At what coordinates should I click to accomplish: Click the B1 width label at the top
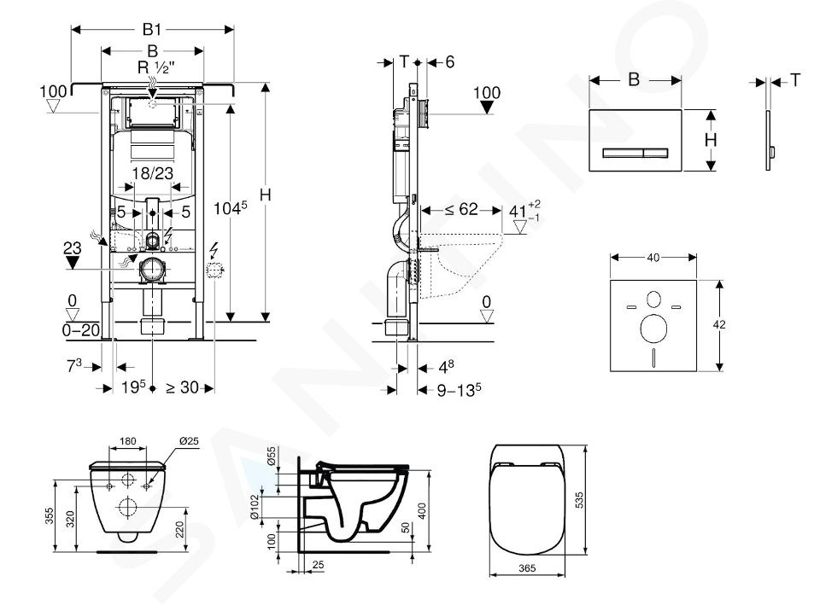(152, 29)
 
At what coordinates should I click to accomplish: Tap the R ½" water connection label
(153, 67)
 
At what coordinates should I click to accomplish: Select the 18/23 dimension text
(153, 173)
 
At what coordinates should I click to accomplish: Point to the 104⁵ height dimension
(230, 208)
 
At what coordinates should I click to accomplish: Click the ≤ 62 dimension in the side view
(461, 210)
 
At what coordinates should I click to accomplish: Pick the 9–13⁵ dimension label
(460, 390)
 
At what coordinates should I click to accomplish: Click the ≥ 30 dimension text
(183, 387)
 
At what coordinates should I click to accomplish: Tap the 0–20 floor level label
(81, 330)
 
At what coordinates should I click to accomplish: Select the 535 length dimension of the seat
(578, 500)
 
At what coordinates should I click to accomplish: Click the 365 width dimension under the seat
(527, 568)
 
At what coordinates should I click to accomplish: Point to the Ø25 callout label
(189, 441)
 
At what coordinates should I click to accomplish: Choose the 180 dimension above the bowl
(127, 441)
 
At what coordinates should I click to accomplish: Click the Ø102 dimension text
(255, 507)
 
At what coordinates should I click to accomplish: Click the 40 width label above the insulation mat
(653, 257)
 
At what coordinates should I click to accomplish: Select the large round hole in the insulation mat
(653, 329)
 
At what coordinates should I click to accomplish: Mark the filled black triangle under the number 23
(72, 263)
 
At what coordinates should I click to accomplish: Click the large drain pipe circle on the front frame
(151, 270)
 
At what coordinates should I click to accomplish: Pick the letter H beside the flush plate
(710, 140)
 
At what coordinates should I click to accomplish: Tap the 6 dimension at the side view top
(450, 62)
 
